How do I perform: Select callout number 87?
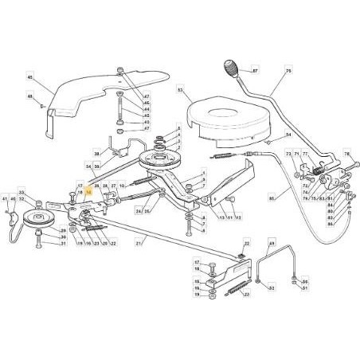click(x=256, y=72)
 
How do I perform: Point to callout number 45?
click(x=29, y=77)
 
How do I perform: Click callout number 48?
click(x=29, y=98)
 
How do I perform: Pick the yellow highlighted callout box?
click(x=89, y=192)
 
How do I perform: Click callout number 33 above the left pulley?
click(x=22, y=193)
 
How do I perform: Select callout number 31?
click(x=64, y=245)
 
